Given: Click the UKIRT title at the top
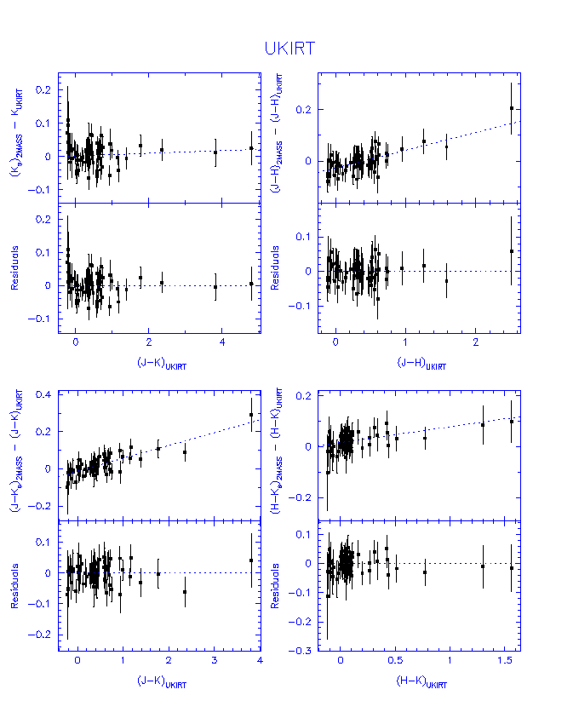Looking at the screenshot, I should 289,49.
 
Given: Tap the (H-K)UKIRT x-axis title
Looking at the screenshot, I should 421,682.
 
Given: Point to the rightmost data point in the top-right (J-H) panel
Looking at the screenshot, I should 511,108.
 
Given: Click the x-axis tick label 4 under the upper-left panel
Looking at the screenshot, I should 222,342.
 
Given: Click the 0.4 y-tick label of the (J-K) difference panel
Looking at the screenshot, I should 43,394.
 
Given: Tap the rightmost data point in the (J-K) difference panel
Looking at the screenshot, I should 251,415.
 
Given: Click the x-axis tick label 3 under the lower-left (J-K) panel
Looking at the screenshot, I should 214,661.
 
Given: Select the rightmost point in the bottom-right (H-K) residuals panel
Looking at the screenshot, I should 511,567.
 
